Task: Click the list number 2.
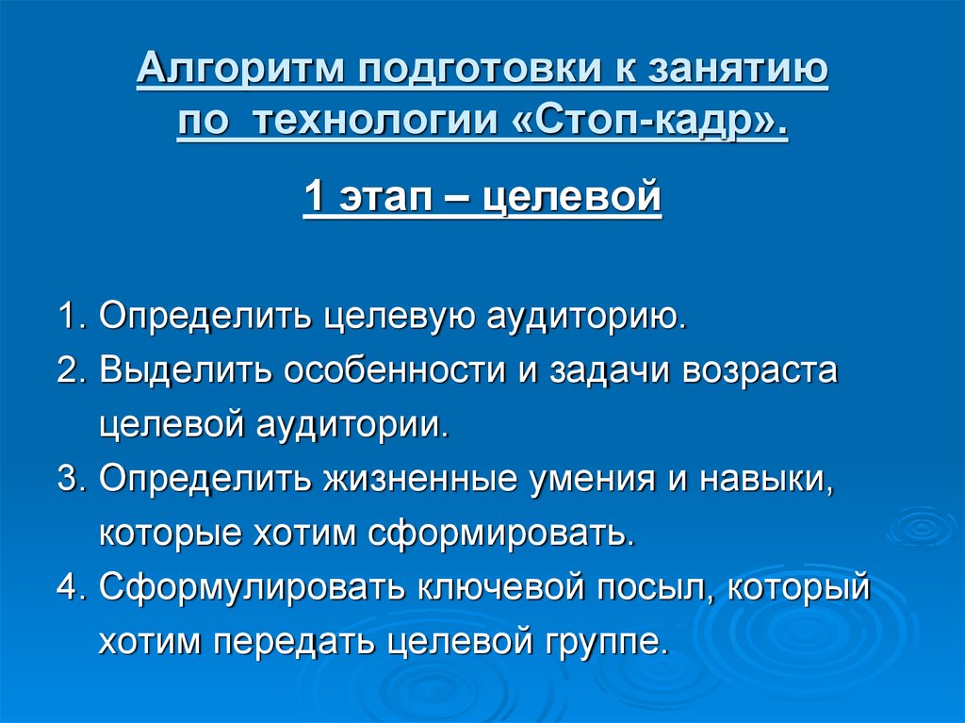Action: click(71, 370)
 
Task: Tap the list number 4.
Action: click(71, 589)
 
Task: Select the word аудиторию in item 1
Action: click(584, 316)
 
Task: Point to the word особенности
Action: click(378, 370)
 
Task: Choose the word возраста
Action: click(761, 370)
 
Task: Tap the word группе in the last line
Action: click(603, 643)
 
